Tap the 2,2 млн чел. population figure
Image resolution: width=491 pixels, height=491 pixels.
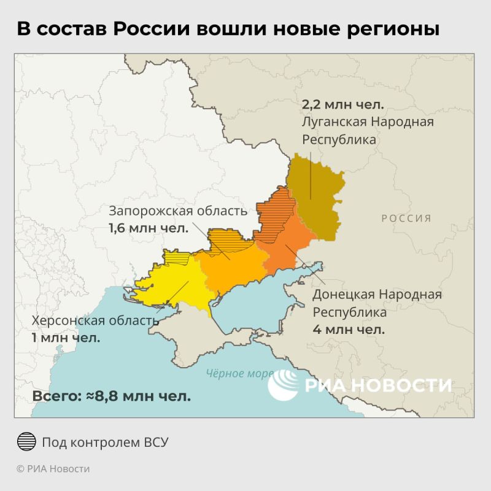342,103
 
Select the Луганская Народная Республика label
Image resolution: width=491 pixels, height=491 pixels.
367,130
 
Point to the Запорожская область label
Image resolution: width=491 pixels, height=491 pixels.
178,211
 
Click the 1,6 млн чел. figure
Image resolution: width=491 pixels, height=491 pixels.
148,229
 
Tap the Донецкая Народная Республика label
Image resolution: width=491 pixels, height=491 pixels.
377,303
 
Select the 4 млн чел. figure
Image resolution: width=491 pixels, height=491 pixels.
349,330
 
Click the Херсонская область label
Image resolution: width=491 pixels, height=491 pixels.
95,321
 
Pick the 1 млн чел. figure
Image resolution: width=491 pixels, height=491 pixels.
66,338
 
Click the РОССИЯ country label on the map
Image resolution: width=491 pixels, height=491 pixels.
406,218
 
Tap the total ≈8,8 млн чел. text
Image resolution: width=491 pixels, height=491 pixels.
111,396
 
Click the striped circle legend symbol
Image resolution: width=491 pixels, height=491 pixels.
26,442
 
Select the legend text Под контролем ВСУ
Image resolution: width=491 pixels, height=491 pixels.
105,442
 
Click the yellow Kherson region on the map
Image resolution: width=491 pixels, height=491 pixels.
172,282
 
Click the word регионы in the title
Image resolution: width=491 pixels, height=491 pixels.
389,29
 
